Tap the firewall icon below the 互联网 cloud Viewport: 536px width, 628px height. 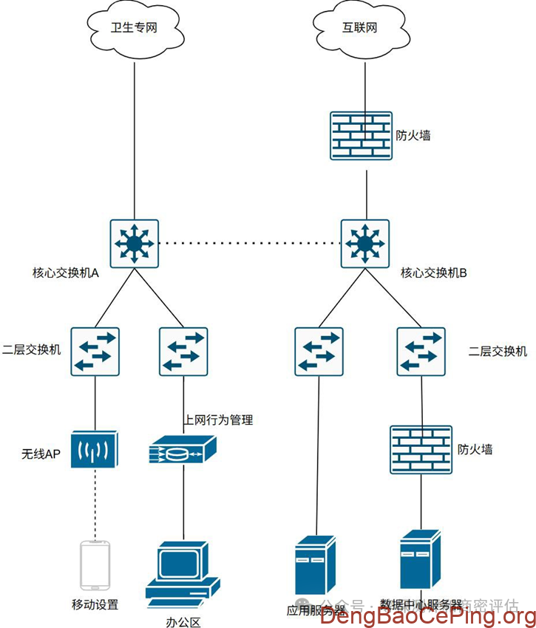(360, 136)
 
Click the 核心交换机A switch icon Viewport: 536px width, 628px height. (134, 243)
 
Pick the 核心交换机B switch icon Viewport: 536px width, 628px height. (364, 243)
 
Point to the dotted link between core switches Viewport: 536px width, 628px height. (249, 243)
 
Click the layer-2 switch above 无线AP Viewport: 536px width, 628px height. (95, 352)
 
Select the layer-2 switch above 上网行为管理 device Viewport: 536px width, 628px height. (183, 352)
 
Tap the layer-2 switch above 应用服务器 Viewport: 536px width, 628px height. (319, 352)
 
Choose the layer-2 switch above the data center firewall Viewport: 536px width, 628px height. (421, 352)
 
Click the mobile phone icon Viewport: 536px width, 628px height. (95, 566)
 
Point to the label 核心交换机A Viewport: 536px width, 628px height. (66, 273)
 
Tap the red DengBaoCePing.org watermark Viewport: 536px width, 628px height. (428, 615)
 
